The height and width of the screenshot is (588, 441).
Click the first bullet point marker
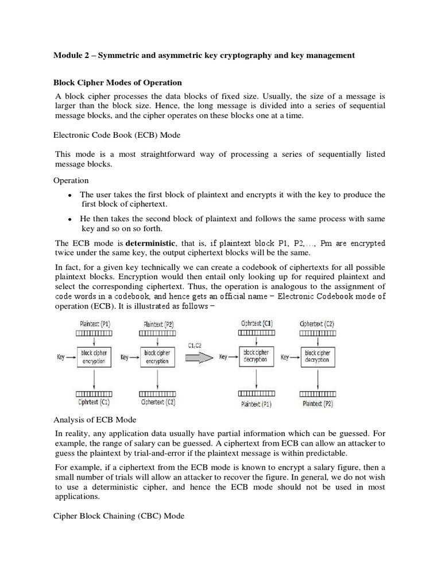coord(69,196)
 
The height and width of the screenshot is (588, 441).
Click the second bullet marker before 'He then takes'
coord(69,220)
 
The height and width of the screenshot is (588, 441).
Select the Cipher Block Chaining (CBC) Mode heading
coord(119,516)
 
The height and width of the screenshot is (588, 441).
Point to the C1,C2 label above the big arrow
coord(195,345)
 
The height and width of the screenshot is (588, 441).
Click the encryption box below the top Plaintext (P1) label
coord(94,357)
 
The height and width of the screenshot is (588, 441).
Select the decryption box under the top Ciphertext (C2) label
coord(316,356)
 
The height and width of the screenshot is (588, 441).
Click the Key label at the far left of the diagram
coord(61,357)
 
